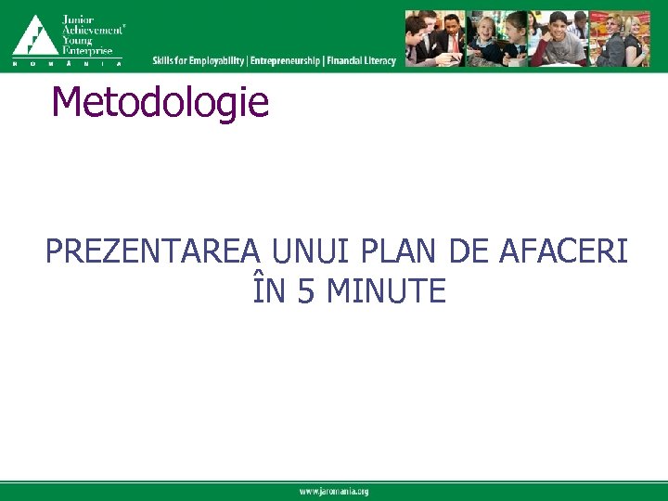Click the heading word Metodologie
point(161,103)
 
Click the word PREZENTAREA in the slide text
point(155,251)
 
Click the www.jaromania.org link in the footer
point(334,491)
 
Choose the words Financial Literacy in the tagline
point(361,61)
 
